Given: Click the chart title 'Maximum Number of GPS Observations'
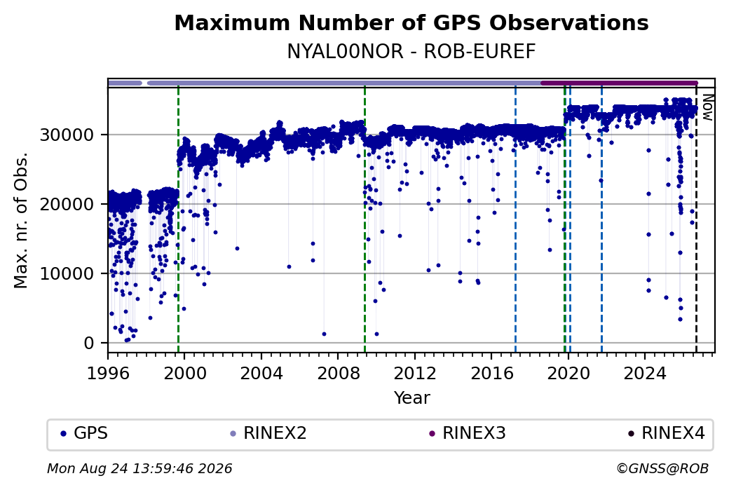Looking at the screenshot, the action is click(x=411, y=23).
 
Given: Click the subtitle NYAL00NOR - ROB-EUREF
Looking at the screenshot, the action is click(x=411, y=52).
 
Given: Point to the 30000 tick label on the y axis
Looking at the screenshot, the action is click(x=67, y=135).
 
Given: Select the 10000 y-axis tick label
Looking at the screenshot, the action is click(x=67, y=274).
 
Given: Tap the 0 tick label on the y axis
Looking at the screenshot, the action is click(x=89, y=343).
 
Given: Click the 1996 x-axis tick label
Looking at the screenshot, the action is click(x=108, y=373).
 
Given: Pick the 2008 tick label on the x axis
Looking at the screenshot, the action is click(x=338, y=373).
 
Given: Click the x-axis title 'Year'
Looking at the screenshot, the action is click(x=412, y=398).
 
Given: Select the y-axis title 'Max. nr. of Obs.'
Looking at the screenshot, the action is click(x=21, y=219).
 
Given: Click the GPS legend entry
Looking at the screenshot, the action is click(x=84, y=433).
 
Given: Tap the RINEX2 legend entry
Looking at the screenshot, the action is click(x=268, y=433).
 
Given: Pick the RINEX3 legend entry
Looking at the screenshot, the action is click(x=468, y=433).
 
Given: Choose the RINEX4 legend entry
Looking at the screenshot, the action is click(x=666, y=433).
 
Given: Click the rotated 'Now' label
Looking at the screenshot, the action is click(x=707, y=107).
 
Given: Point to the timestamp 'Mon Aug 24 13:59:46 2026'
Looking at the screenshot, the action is click(x=139, y=468).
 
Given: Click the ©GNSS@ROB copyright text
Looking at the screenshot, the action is click(x=662, y=468).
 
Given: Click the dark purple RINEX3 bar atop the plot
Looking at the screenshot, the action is click(x=619, y=83).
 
